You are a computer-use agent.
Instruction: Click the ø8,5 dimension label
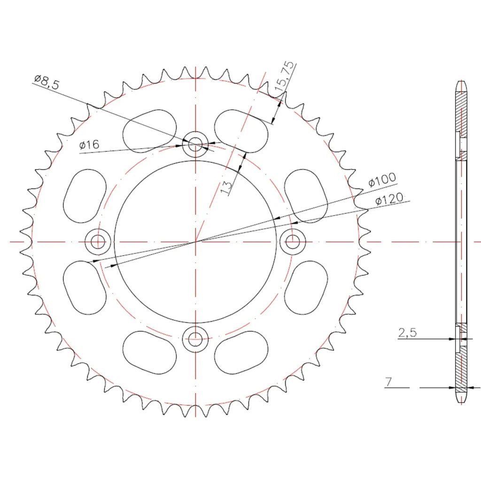pyautogui.click(x=47, y=82)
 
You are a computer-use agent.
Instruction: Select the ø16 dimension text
pyautogui.click(x=89, y=145)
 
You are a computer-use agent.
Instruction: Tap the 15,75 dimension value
pyautogui.click(x=284, y=76)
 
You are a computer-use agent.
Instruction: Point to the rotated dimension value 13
pyautogui.click(x=226, y=187)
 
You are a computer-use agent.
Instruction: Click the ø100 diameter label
pyautogui.click(x=382, y=180)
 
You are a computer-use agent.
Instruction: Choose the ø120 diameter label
pyautogui.click(x=389, y=199)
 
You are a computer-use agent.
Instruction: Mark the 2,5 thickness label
pyautogui.click(x=407, y=333)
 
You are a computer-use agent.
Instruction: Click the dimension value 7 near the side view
pyautogui.click(x=388, y=382)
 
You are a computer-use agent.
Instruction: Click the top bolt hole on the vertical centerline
pyautogui.click(x=195, y=144)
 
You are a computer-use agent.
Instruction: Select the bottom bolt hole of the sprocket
pyautogui.click(x=195, y=339)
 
